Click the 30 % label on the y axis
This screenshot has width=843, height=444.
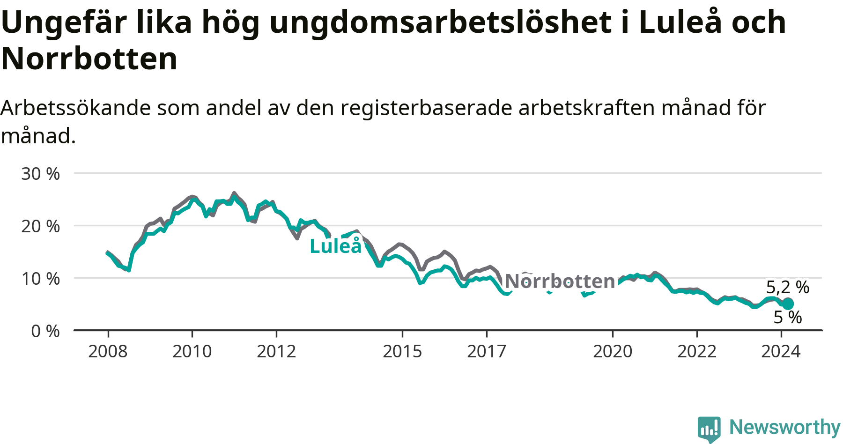click(40, 174)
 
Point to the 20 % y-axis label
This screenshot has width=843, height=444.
click(40, 226)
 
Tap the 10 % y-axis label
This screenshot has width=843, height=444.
click(40, 279)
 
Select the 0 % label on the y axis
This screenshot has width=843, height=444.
click(45, 331)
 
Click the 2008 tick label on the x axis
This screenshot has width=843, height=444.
click(108, 351)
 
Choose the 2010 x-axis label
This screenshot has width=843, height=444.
click(192, 351)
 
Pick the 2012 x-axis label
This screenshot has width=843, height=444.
click(276, 351)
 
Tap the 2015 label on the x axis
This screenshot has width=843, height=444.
click(402, 351)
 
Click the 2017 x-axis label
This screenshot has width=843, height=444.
click(487, 351)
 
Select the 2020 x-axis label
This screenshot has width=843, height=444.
click(613, 351)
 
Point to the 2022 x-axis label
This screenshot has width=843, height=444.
click(697, 351)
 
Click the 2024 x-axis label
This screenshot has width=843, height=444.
click(781, 351)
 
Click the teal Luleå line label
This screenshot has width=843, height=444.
click(336, 245)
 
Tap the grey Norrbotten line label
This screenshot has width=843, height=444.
click(560, 281)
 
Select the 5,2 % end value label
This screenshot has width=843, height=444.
click(788, 287)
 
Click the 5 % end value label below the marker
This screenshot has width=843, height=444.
click(788, 317)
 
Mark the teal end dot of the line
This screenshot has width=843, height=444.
click(788, 303)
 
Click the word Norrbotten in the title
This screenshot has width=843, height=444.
click(89, 59)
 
